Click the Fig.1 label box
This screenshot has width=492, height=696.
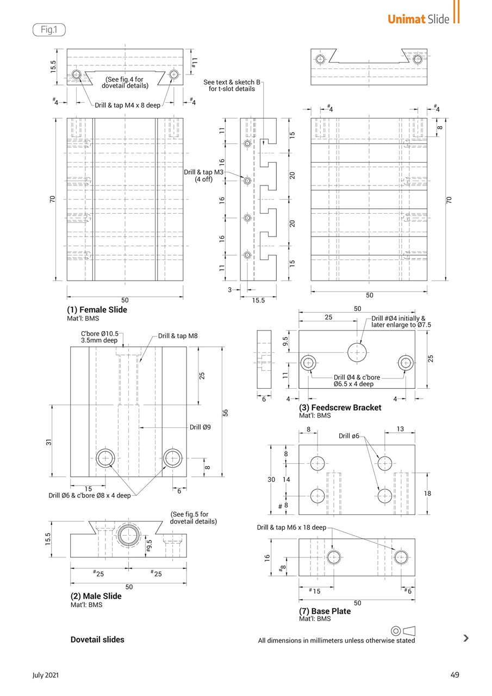point(49,29)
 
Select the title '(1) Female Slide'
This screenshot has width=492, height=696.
point(97,310)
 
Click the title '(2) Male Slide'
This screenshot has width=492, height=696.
point(96,596)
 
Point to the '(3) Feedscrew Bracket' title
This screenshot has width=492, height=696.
point(340,407)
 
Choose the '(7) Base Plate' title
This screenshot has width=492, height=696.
point(325,611)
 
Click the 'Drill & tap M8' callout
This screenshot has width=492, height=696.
point(178,336)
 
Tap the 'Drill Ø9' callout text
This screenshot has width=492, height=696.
point(200,427)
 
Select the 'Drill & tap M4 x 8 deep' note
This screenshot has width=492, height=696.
point(128,105)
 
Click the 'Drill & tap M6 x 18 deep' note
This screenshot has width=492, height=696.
point(292,527)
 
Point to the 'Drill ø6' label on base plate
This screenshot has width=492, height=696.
point(349,436)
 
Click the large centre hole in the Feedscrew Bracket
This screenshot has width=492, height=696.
point(357,352)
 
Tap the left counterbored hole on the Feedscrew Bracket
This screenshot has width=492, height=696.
point(309,362)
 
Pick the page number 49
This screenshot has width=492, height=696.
point(455,675)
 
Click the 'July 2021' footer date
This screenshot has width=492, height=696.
point(46,675)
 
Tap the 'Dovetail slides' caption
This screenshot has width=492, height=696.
point(97,639)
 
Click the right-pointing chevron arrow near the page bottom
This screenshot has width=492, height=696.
point(466,638)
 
